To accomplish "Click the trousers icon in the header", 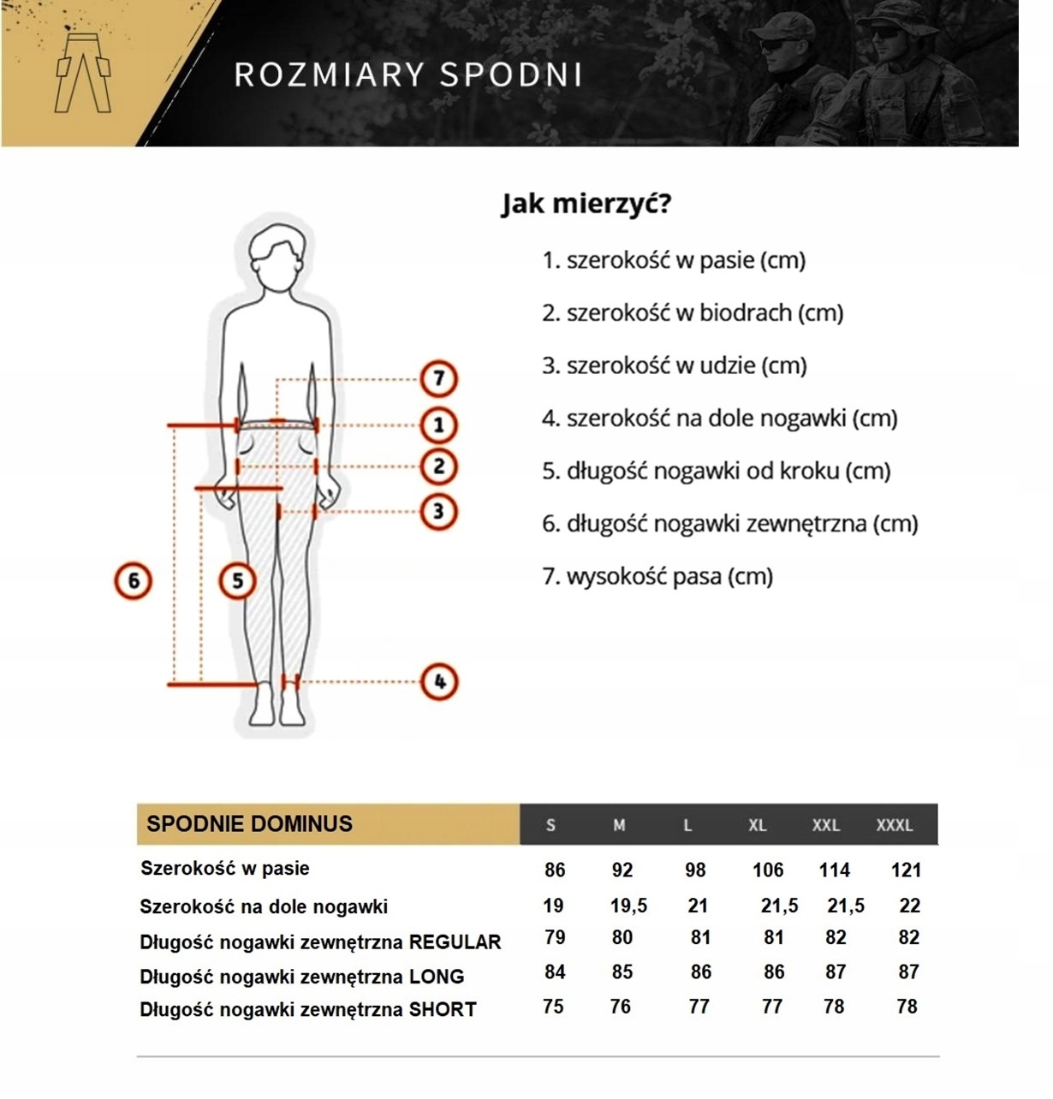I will pos(84,73).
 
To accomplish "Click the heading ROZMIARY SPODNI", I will pos(408,75).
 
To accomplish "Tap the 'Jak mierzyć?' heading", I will pos(586,205).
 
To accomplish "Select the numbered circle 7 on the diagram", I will pos(438,378).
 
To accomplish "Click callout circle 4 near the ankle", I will pos(439,682).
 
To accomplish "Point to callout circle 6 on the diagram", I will pos(134,581).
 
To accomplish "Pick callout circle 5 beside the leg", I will pos(237,581).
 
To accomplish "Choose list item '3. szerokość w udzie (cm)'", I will pos(674,366).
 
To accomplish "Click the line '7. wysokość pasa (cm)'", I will pos(657,577).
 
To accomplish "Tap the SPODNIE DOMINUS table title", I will pos(249,824).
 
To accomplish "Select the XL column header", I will pos(757,826).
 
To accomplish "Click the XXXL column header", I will pos(894,826).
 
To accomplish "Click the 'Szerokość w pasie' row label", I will pos(225,869).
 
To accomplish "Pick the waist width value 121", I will pos(906,870).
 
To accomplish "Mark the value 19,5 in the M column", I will pos(628,906).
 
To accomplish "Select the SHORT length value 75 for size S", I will pos(553,1007).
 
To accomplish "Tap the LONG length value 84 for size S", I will pos(555,972).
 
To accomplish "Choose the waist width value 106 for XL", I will pos(768,870).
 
